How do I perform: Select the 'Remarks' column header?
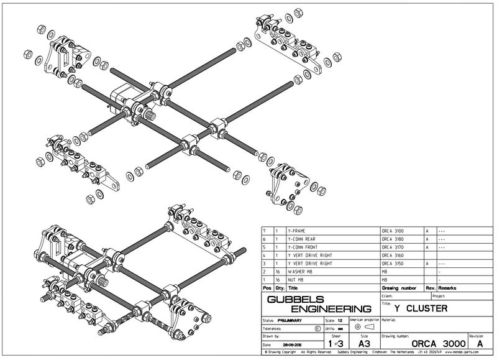(x=449, y=288)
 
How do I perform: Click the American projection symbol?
(x=363, y=327)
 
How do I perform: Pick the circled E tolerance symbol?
(x=318, y=328)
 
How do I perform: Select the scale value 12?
(x=339, y=320)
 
